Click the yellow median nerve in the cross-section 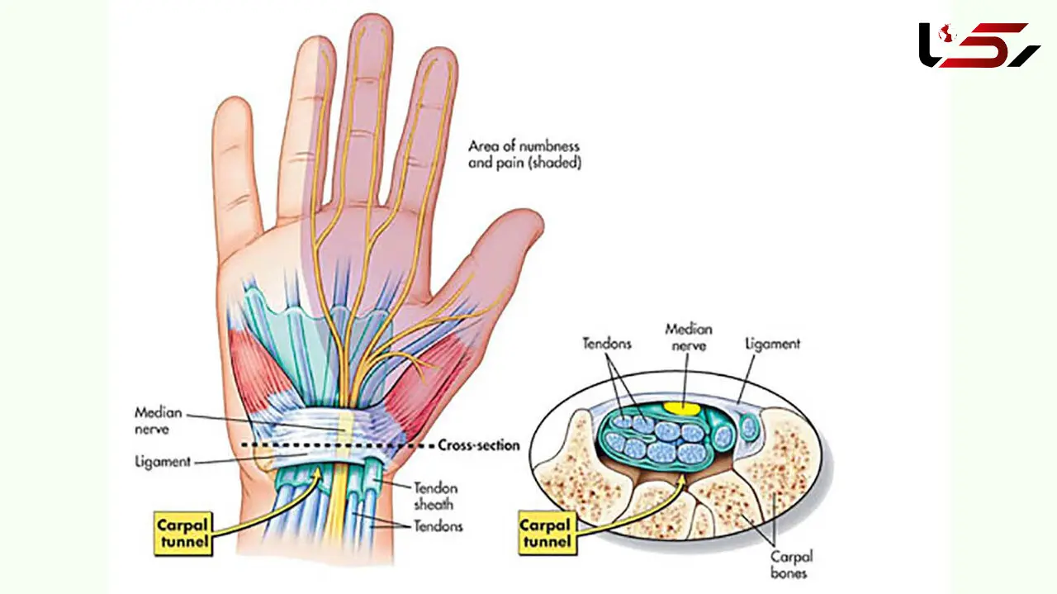click(682, 408)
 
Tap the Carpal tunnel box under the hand click(183, 534)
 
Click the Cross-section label click(478, 445)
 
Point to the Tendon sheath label click(435, 496)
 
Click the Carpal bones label click(791, 565)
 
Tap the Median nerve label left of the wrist click(158, 421)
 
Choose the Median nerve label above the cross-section click(689, 337)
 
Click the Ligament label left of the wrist click(163, 461)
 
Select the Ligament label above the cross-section click(772, 344)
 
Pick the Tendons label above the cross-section click(607, 344)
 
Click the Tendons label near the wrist click(438, 526)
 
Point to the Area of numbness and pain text click(524, 154)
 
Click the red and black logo click(979, 45)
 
